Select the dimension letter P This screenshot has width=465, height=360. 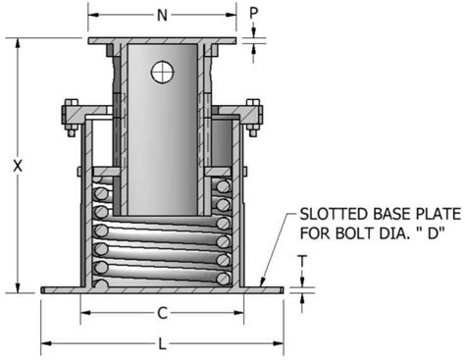pos(253,14)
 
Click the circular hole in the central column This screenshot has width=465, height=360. pos(163,71)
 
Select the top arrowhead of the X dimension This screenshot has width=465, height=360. pos(17,42)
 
